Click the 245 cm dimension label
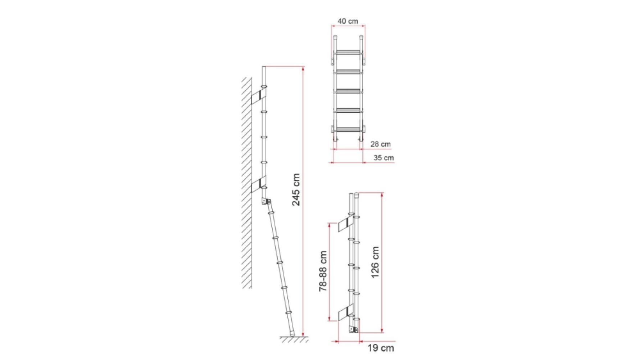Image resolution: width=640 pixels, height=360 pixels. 296,190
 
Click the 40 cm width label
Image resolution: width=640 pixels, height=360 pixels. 348,21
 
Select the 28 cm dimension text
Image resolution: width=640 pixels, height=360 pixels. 380,144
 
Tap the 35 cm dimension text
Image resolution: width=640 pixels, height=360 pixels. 383,158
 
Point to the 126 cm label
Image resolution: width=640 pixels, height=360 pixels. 375,262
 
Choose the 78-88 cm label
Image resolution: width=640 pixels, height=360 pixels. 323,271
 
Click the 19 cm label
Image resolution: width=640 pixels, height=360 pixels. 381,348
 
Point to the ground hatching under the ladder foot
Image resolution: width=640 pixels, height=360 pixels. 294,339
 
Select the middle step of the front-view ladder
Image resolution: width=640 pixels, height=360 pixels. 348,91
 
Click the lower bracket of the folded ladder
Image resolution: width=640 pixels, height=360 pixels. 345,312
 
